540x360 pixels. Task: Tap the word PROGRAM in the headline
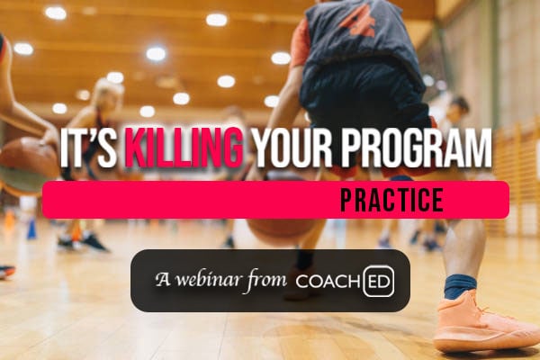tap(417, 151)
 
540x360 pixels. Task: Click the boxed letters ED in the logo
tap(378, 281)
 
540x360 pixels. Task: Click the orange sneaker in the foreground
tap(477, 324)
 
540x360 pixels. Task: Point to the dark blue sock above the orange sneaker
tap(460, 286)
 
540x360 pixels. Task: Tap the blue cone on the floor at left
tap(31, 229)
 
